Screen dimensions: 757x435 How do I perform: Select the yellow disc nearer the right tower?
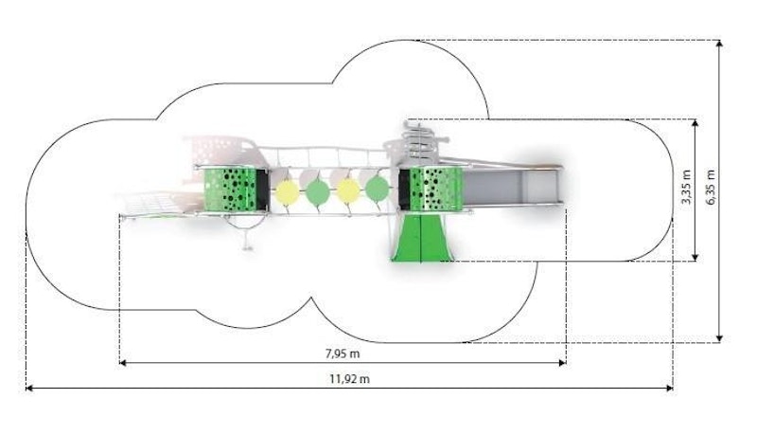(348, 190)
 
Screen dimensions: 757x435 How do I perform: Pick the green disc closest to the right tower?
(378, 188)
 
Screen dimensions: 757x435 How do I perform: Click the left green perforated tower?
(233, 189)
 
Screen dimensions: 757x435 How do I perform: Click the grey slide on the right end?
(516, 187)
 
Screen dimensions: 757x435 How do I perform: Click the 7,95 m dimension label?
(343, 353)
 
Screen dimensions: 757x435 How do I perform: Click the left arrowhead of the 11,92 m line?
(28, 388)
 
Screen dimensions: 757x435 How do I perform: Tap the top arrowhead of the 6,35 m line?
(721, 44)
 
